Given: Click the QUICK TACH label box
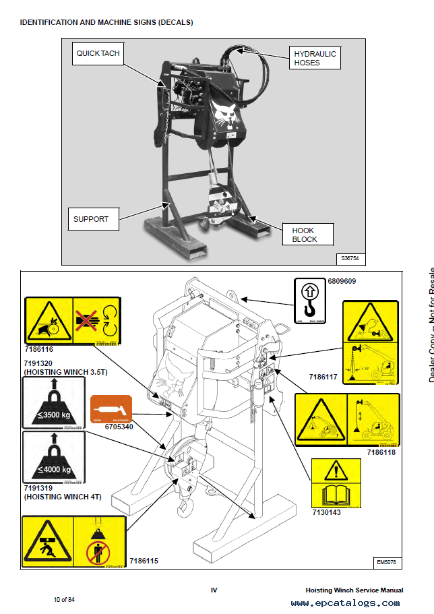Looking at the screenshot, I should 97,53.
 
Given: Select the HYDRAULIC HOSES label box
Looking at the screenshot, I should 315,58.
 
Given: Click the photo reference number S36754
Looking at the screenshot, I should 350,258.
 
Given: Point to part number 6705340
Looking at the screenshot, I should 120,427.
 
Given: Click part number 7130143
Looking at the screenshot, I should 326,513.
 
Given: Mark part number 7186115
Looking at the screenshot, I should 143,560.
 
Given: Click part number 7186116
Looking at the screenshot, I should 38,350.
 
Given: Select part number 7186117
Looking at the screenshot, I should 325,377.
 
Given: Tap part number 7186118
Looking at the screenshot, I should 381,452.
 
